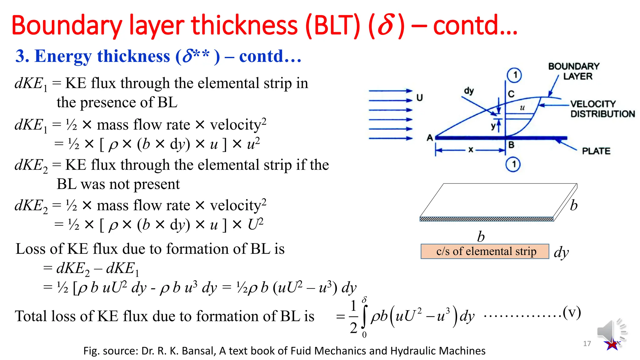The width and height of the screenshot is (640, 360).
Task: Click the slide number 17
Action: pyautogui.click(x=587, y=343)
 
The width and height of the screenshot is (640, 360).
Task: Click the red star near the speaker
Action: pyautogui.click(x=612, y=345)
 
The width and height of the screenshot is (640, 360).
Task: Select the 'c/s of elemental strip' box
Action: pyautogui.click(x=485, y=251)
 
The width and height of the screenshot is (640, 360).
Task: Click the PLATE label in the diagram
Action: pyautogui.click(x=596, y=151)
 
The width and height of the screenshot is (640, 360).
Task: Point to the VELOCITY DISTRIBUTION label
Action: pyautogui.click(x=602, y=109)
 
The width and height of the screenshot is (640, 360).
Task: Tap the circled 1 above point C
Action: pyautogui.click(x=514, y=75)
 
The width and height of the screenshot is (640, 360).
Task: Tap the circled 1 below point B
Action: pyautogui.click(x=513, y=164)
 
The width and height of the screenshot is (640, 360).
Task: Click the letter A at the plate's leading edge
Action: pyautogui.click(x=430, y=137)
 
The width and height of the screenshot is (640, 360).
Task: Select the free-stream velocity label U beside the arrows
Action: pyautogui.click(x=419, y=98)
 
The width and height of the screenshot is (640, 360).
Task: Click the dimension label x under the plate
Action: pyautogui.click(x=471, y=150)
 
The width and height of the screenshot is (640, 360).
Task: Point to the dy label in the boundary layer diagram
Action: pyautogui.click(x=469, y=91)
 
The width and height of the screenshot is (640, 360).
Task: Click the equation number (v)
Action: pyautogui.click(x=572, y=312)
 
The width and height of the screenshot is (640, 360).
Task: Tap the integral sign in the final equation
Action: pyautogui.click(x=364, y=316)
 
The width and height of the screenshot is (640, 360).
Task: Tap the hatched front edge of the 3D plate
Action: pyautogui.click(x=486, y=219)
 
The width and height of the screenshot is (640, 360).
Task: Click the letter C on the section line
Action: pyautogui.click(x=511, y=94)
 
